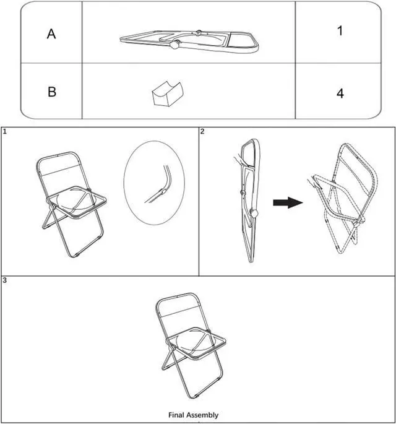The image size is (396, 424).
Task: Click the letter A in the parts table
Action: tap(51, 34)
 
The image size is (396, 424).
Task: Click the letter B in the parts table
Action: tap(52, 92)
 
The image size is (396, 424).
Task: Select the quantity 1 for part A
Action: tap(340, 30)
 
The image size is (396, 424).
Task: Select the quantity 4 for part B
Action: tap(340, 93)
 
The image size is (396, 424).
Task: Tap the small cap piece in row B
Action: tap(168, 93)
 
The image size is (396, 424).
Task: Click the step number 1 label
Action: tap(4, 132)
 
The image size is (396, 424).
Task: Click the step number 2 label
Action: tap(202, 132)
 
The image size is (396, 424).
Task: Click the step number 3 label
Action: tap(4, 280)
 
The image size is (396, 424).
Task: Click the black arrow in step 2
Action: tap(288, 202)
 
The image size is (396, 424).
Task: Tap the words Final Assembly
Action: tap(193, 415)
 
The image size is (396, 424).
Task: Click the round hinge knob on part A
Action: tap(175, 44)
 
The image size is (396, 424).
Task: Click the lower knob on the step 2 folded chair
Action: tap(254, 214)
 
